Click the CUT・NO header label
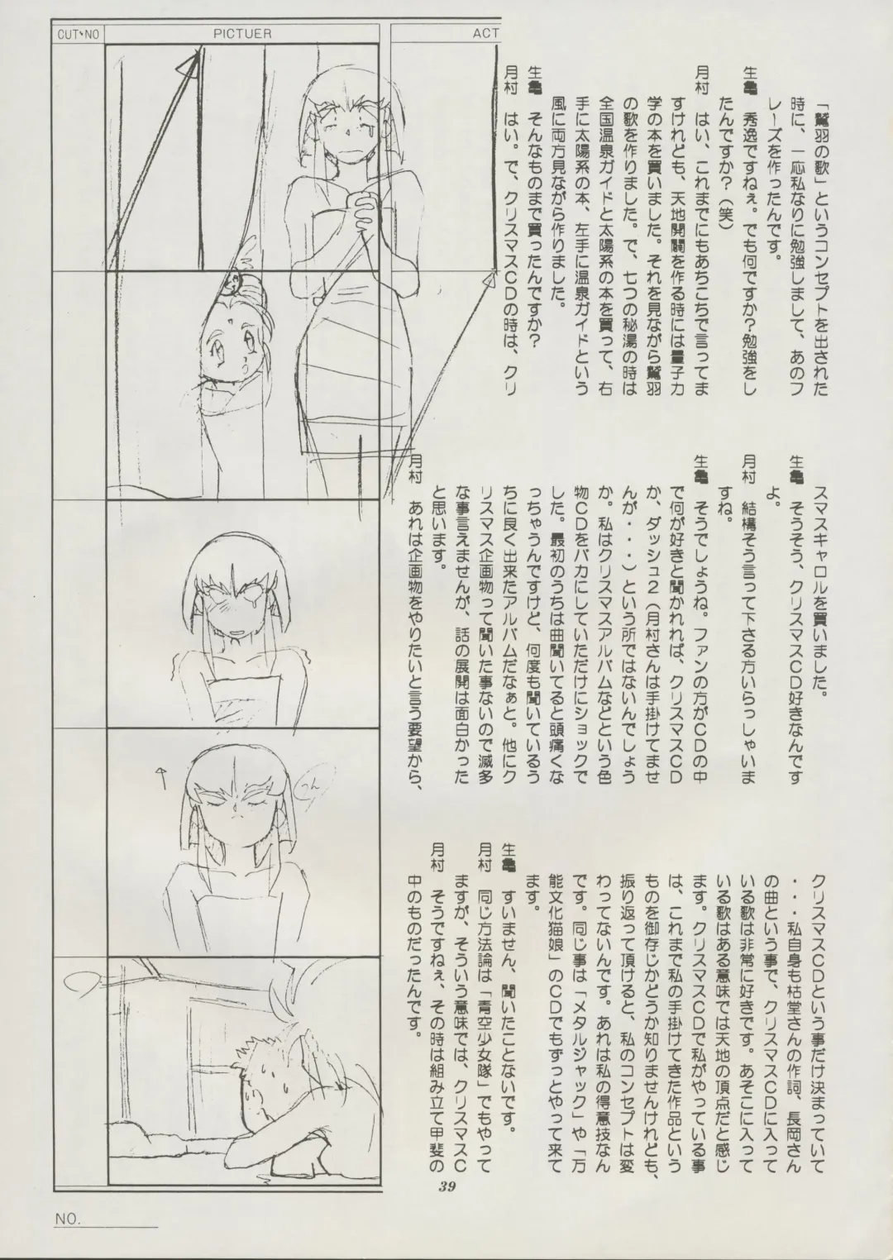[78, 35]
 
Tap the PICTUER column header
[242, 35]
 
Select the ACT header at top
[485, 35]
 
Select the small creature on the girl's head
[234, 284]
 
